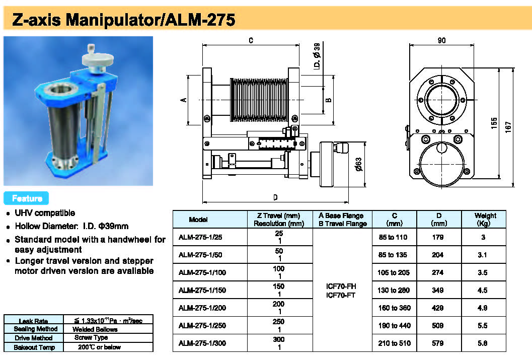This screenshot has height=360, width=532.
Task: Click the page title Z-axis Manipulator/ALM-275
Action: pyautogui.click(x=123, y=20)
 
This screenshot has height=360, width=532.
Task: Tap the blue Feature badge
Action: pyautogui.click(x=26, y=198)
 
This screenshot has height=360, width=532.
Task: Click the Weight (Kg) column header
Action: pyautogui.click(x=485, y=220)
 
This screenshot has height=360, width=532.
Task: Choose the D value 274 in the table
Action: pyautogui.click(x=438, y=272)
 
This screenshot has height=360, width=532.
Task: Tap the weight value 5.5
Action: pyautogui.click(x=482, y=325)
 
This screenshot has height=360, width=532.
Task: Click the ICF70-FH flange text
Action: pyautogui.click(x=341, y=286)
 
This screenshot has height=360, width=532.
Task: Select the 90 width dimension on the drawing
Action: pyautogui.click(x=441, y=41)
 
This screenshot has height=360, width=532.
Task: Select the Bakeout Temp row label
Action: pyautogui.click(x=33, y=347)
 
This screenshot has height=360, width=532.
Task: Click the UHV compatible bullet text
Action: pyautogui.click(x=45, y=213)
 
